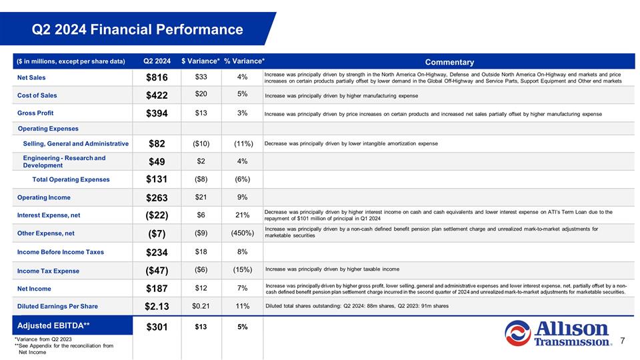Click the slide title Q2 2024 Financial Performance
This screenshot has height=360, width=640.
tap(139, 30)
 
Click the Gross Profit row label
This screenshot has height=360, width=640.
tap(35, 113)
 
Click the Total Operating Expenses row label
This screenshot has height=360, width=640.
tap(71, 179)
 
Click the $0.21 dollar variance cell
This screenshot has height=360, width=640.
tap(201, 306)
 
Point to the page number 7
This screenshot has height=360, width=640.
tap(621, 341)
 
